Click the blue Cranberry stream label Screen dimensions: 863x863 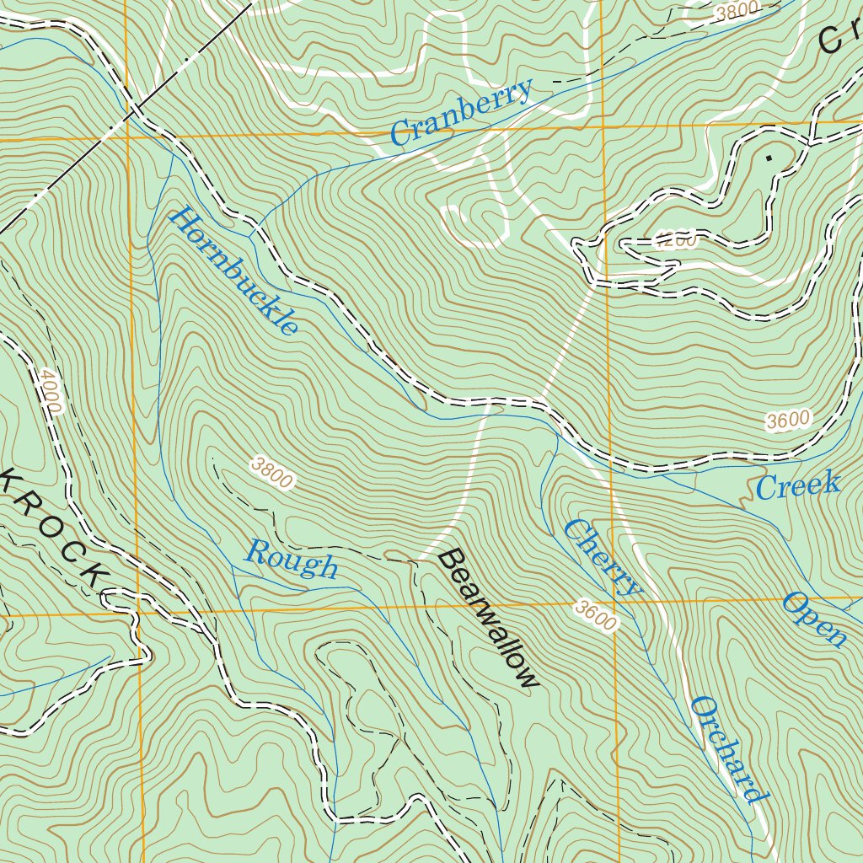tap(462, 111)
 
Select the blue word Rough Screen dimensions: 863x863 tap(292, 560)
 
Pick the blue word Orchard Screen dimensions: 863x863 tap(730, 750)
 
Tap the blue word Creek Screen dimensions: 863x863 tap(797, 485)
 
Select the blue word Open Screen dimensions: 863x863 tap(815, 619)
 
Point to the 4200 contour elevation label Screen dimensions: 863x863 tap(676, 241)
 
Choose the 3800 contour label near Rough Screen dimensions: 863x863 tap(272, 473)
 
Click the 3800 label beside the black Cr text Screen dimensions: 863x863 tap(736, 12)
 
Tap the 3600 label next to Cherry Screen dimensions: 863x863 tap(597, 617)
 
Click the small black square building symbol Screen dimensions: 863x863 tap(768, 157)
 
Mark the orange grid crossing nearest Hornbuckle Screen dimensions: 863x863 tap(128, 135)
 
